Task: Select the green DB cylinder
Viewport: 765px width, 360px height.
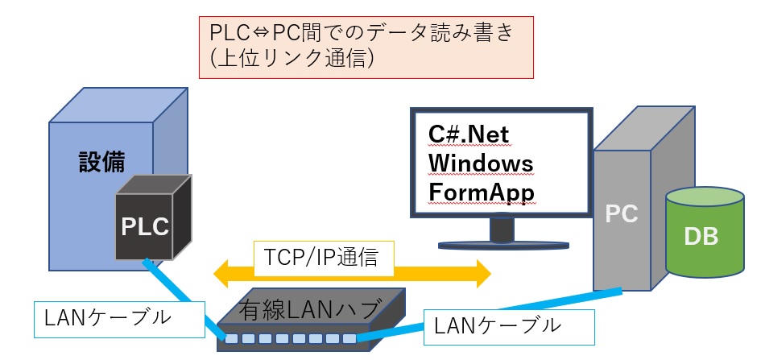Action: tap(701, 238)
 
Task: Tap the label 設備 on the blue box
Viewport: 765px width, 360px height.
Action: tap(101, 161)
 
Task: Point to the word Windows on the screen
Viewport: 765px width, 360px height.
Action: tap(480, 163)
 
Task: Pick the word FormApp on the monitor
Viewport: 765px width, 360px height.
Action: tap(481, 193)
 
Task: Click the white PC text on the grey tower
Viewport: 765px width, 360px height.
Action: tap(621, 214)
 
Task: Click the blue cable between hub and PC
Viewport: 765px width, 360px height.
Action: tap(483, 316)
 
